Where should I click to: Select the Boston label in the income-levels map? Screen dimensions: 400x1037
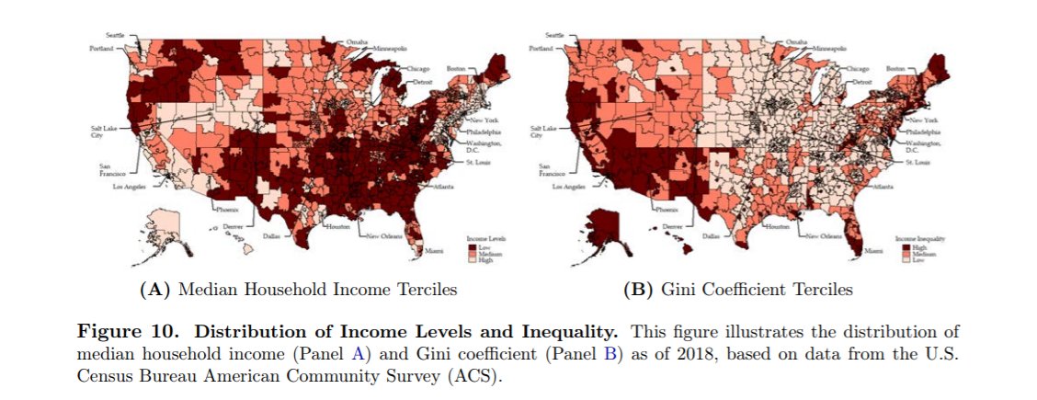457,68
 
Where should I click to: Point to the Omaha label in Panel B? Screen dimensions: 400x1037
796,42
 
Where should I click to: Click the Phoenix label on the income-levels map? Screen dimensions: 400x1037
227,210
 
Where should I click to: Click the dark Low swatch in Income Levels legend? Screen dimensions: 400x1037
471,246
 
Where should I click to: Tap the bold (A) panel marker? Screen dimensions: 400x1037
154,290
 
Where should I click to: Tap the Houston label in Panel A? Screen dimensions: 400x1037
338,225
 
